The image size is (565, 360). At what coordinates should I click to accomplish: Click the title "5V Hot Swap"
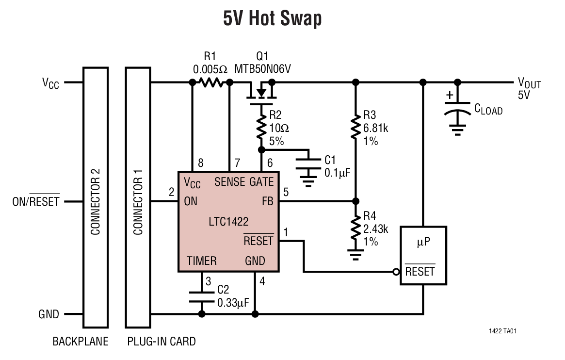point(272,19)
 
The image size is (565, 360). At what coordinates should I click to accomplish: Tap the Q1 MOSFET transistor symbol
point(261,92)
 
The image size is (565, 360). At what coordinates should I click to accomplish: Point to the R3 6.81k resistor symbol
point(355,128)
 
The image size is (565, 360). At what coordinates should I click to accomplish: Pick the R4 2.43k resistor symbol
point(355,228)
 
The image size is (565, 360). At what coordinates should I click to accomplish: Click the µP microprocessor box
point(423,255)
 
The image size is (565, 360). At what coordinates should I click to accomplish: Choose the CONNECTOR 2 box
point(96,197)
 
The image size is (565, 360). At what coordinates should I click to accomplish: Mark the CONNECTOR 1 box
point(138,197)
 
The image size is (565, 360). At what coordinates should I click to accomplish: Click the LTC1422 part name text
point(228,223)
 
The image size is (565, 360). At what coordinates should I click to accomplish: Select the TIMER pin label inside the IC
point(202,261)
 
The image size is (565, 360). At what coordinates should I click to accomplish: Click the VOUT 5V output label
point(529,89)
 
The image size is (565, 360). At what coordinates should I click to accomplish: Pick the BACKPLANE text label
point(80,342)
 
